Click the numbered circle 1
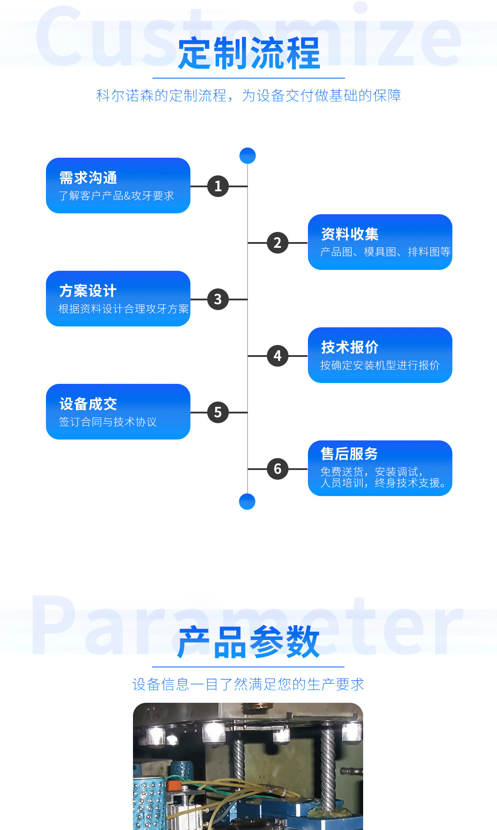218,186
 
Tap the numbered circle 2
277,243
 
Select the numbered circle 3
218,299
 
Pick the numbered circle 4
277,356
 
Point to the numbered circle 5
218,413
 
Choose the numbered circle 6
277,469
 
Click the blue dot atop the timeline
247,155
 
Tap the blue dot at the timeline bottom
247,502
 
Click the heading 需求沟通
88,178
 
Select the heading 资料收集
350,234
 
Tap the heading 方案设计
88,291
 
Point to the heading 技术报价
350,347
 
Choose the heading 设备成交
88,404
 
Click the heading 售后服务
349,454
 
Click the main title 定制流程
249,53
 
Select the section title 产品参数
249,642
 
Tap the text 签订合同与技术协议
108,422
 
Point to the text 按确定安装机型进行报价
380,365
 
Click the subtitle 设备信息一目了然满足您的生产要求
248,684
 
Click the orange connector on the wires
173,785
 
